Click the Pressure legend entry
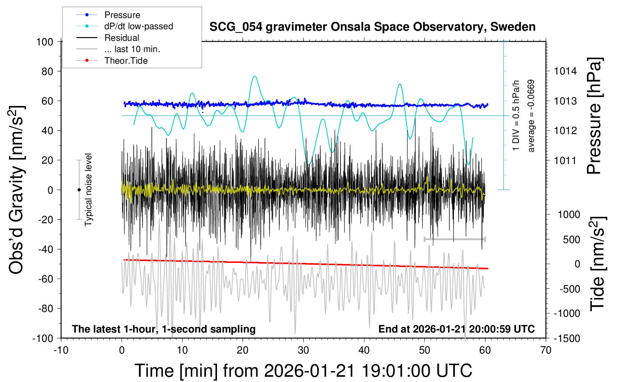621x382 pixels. point(122,15)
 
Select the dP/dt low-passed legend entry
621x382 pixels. point(138,26)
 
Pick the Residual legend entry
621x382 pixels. point(122,38)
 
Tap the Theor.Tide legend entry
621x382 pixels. point(126,61)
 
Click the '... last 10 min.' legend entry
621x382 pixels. point(132,49)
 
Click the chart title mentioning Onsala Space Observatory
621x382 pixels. point(372,27)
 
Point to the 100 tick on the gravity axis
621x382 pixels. point(45,42)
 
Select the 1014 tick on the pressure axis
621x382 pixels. point(565,71)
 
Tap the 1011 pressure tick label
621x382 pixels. point(565,160)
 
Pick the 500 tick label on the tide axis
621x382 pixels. point(572,239)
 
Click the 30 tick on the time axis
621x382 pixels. point(303,351)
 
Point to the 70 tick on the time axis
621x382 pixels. point(546,351)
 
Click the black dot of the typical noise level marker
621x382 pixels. point(79,190)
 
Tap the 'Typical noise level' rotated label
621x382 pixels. point(88,190)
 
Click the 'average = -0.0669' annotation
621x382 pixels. point(531,116)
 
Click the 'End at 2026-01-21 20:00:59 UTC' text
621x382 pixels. point(456,329)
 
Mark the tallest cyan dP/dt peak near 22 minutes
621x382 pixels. point(255,76)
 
